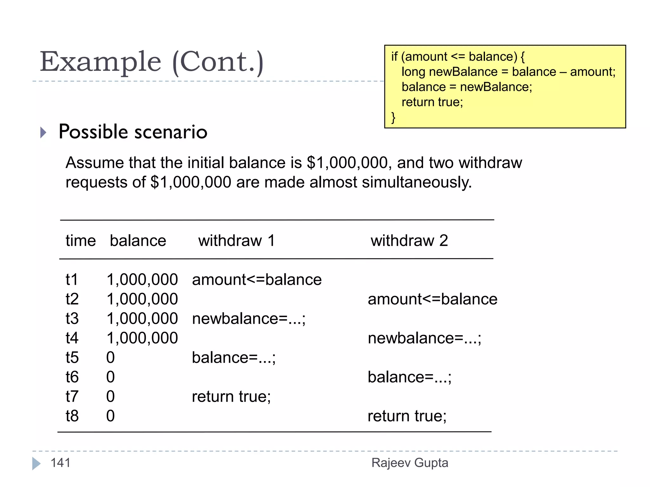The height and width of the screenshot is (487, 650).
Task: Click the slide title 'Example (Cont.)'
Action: [151, 62]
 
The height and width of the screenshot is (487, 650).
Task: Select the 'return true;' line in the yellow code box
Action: [432, 102]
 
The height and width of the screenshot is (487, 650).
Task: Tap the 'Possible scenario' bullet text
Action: [133, 132]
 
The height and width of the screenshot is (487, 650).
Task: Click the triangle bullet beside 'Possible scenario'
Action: [43, 132]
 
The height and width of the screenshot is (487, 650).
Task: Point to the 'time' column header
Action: [81, 241]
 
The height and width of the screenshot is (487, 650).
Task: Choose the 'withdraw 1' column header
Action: [236, 241]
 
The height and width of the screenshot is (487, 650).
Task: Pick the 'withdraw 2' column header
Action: [409, 241]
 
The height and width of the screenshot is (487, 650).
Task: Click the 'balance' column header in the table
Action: [138, 241]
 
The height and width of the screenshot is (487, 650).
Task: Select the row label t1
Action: [72, 280]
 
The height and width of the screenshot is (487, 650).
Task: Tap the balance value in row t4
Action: [142, 338]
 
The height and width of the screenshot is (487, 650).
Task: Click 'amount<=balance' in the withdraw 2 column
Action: [432, 299]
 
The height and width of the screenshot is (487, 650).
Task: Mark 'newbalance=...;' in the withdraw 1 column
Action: [249, 319]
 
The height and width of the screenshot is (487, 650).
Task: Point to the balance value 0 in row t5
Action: [110, 358]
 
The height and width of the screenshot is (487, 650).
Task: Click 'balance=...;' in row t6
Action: [409, 377]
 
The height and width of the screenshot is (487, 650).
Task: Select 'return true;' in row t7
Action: [231, 397]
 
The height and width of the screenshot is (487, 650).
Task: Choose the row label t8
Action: [72, 416]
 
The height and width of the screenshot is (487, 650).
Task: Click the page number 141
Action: [60, 463]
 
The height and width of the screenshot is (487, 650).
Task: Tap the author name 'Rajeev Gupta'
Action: [410, 463]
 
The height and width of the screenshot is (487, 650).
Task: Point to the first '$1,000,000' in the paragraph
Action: [347, 163]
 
